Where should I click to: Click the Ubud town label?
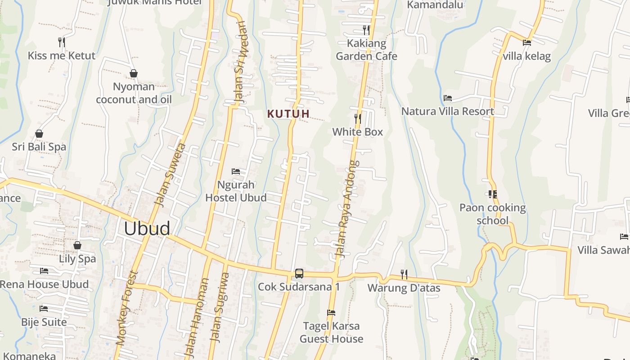[x=147, y=229]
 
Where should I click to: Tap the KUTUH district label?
[x=288, y=114]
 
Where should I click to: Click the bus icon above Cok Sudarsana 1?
[x=299, y=273]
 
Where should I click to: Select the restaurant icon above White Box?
[x=358, y=119]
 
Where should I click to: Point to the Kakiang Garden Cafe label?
[x=367, y=50]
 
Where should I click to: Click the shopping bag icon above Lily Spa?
[x=77, y=245]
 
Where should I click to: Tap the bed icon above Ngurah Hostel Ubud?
[x=236, y=171]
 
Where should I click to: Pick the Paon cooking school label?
[x=492, y=214]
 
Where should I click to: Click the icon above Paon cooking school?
[x=492, y=194]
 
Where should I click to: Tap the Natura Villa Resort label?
[x=448, y=111]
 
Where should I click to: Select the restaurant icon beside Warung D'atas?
[x=404, y=274]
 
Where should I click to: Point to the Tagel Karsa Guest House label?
[x=332, y=333]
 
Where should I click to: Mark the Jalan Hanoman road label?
[x=197, y=317]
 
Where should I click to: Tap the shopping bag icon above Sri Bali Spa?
[x=39, y=134]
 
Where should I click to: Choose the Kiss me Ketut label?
[x=62, y=56]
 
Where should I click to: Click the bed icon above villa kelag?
[x=527, y=43]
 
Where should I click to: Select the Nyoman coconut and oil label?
[x=134, y=93]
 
